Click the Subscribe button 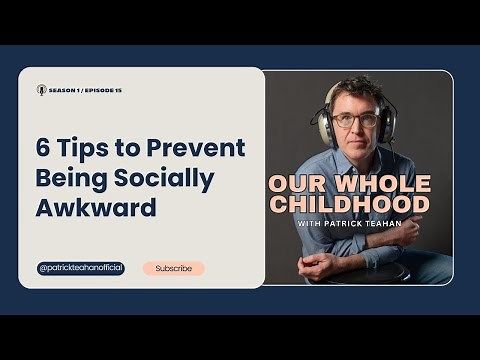coord(173,268)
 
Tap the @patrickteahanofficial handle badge coord(81,268)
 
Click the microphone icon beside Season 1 coord(41,89)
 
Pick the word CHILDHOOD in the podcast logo coord(349,205)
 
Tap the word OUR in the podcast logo coord(296,185)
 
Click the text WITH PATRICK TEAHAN coord(348,223)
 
